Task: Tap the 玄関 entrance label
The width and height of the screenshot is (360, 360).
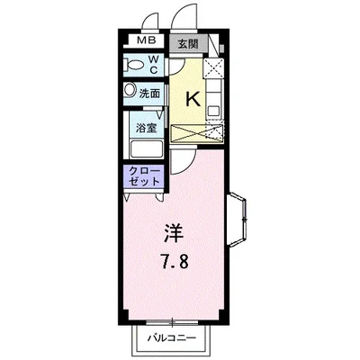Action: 186,42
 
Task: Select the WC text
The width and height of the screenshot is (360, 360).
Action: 154,65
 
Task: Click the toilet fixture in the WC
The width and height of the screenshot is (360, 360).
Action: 135,66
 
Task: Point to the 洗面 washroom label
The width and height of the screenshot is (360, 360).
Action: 149,92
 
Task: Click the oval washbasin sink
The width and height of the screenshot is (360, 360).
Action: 130,91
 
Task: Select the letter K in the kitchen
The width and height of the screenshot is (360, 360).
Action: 192,99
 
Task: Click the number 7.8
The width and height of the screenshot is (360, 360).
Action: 174,264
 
